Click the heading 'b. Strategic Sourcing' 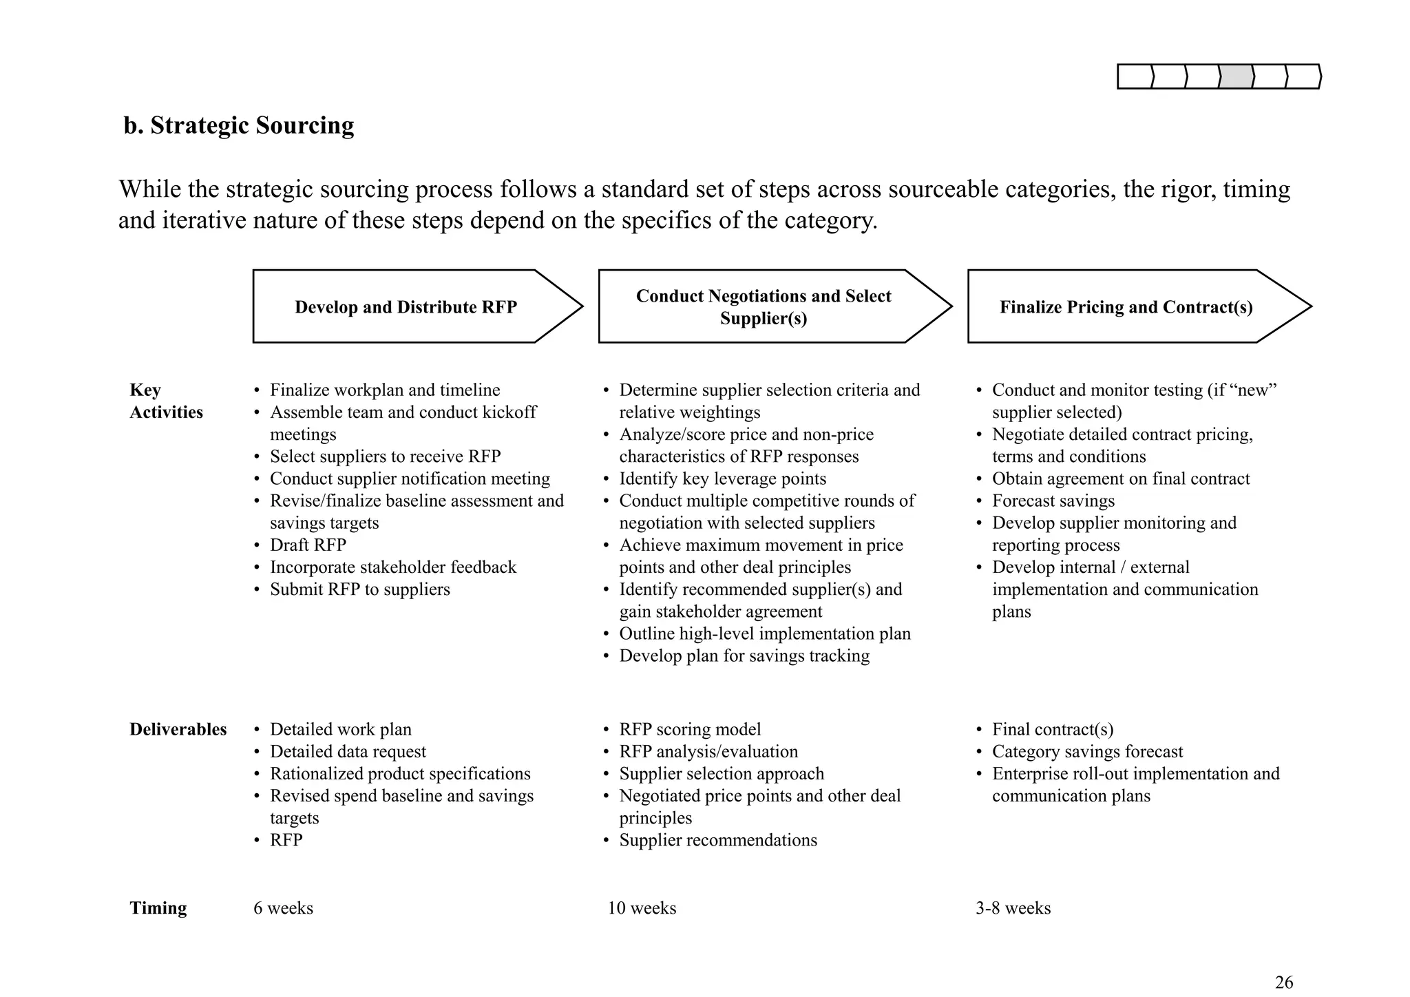pyautogui.click(x=238, y=125)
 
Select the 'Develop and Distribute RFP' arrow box pyautogui.click(x=406, y=307)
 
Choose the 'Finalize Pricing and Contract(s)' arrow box pyautogui.click(x=1126, y=307)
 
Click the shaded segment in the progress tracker pyautogui.click(x=1236, y=76)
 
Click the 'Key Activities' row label pyautogui.click(x=166, y=401)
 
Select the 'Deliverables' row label pyautogui.click(x=178, y=729)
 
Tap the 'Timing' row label pyautogui.click(x=158, y=908)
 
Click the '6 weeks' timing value pyautogui.click(x=283, y=908)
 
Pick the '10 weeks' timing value pyautogui.click(x=642, y=908)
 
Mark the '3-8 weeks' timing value pyautogui.click(x=1013, y=908)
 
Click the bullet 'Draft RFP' pyautogui.click(x=308, y=545)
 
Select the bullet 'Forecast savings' pyautogui.click(x=1053, y=501)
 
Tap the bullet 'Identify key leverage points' pyautogui.click(x=722, y=479)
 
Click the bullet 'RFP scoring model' pyautogui.click(x=690, y=729)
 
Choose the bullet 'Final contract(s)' pyautogui.click(x=1052, y=729)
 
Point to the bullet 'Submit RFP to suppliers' pyautogui.click(x=359, y=589)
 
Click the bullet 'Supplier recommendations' pyautogui.click(x=717, y=840)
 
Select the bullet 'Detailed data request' pyautogui.click(x=348, y=751)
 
